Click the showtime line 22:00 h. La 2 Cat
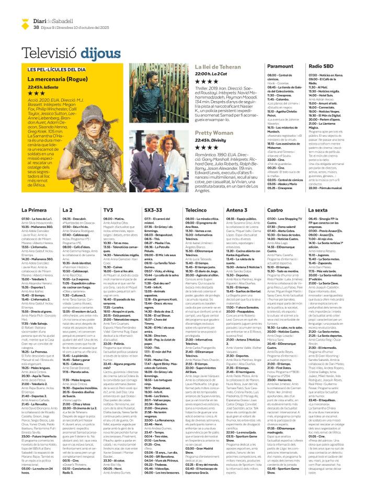point(214,74)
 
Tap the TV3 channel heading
point(108,210)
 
